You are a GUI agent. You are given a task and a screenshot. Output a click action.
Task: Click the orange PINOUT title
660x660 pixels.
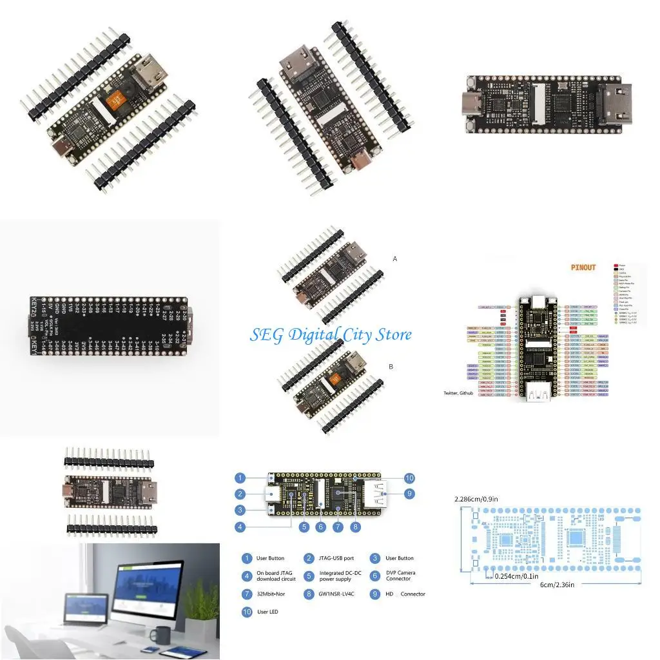(583, 267)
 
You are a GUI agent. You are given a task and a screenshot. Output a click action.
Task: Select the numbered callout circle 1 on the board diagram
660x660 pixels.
(240, 478)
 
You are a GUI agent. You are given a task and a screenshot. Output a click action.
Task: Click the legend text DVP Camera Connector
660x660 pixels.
(400, 576)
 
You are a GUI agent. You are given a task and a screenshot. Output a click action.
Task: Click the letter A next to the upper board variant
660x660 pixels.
(394, 258)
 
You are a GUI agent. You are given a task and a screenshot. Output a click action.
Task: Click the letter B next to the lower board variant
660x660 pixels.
(391, 366)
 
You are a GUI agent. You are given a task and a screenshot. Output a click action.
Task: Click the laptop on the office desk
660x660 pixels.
(86, 609)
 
